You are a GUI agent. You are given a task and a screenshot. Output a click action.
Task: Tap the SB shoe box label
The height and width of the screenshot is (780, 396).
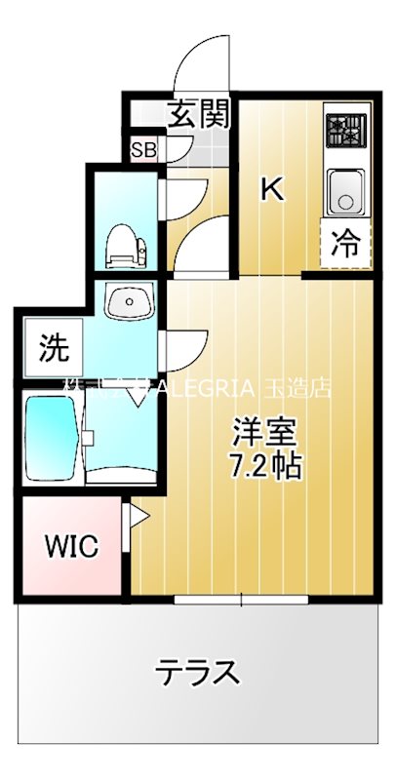(x=144, y=150)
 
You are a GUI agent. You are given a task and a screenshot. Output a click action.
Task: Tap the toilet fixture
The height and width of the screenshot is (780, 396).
(x=126, y=245)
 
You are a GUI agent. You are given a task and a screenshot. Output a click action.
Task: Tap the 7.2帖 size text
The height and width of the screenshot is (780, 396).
(x=263, y=465)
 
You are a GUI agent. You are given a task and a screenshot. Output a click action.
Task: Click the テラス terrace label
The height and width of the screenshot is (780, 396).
(x=199, y=672)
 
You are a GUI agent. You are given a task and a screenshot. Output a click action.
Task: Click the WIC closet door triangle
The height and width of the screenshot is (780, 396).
(x=137, y=516)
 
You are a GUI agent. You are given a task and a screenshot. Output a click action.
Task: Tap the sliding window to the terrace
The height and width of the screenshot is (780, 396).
(x=243, y=598)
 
